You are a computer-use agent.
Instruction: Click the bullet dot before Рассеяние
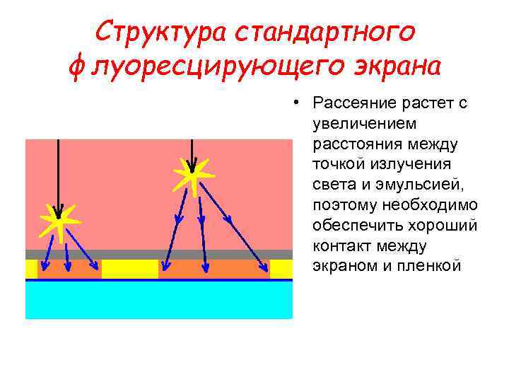point(300,104)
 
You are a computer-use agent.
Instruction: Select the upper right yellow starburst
point(191,172)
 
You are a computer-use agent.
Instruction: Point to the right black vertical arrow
point(191,152)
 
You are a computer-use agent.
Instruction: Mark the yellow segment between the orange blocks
point(129,270)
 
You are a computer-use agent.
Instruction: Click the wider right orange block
point(213,270)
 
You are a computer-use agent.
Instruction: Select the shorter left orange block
point(69,270)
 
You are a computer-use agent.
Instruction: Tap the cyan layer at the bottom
point(159,301)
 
